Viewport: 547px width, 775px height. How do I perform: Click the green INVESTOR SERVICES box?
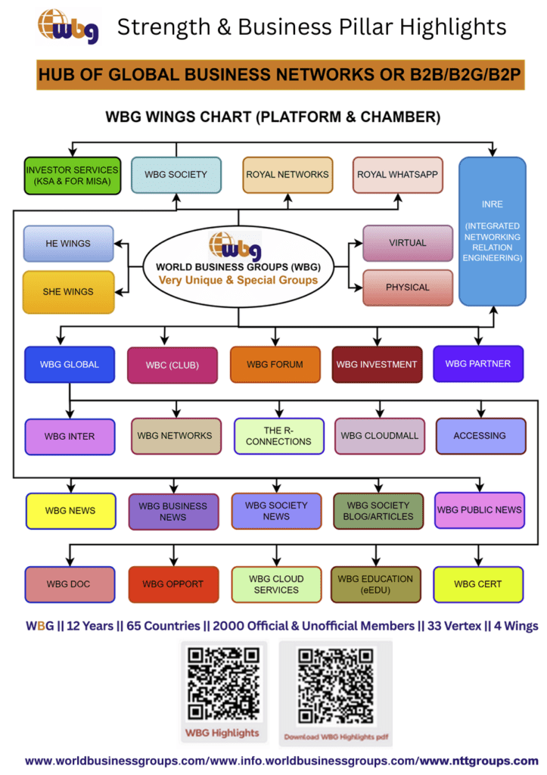pyautogui.click(x=73, y=175)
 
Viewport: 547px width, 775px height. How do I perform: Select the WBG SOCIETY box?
pyautogui.click(x=176, y=174)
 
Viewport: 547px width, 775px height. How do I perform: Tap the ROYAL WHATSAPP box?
pyautogui.click(x=397, y=174)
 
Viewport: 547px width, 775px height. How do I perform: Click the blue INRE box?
pyautogui.click(x=493, y=231)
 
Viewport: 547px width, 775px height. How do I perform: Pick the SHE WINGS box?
pyautogui.click(x=68, y=291)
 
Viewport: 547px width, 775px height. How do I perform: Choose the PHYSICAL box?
pyautogui.click(x=407, y=288)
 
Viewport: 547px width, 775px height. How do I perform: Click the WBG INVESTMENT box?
pyautogui.click(x=376, y=365)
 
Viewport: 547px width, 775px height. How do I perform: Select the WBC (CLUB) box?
pyautogui.click(x=172, y=365)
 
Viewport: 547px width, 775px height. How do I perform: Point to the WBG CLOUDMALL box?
pyautogui.click(x=379, y=436)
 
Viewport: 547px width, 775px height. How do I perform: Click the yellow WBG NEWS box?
pyautogui.click(x=70, y=511)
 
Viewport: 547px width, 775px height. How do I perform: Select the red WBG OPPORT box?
pyautogui.click(x=173, y=584)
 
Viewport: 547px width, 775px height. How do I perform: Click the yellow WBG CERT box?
pyautogui.click(x=477, y=584)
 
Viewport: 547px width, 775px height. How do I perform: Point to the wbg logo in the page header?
pyautogui.click(x=68, y=26)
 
